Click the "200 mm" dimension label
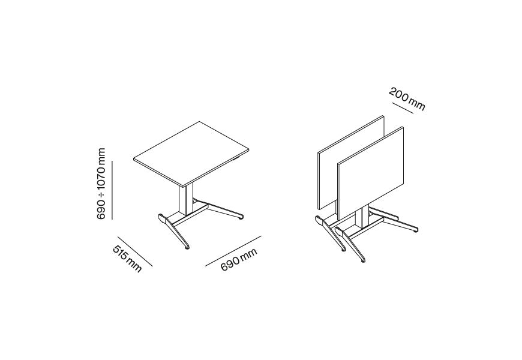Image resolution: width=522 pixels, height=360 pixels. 407,99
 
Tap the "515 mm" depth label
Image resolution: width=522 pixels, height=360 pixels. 128,259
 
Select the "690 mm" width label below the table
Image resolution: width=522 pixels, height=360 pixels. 239,259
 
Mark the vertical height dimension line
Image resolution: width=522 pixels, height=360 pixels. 112,190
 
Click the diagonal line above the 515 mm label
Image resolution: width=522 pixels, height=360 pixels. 135,251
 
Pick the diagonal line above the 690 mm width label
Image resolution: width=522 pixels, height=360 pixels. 233,251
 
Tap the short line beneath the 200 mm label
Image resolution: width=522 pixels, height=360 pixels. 403,108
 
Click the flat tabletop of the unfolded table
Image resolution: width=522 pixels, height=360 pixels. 191,152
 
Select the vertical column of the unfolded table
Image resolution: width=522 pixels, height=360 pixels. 186,199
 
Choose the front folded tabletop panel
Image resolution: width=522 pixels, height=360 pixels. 371,173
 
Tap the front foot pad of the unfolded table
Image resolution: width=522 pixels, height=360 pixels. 187,248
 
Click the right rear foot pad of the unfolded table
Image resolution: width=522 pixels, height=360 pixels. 241,219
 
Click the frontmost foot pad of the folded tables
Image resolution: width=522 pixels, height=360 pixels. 364,262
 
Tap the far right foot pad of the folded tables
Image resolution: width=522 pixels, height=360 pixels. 415,231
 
